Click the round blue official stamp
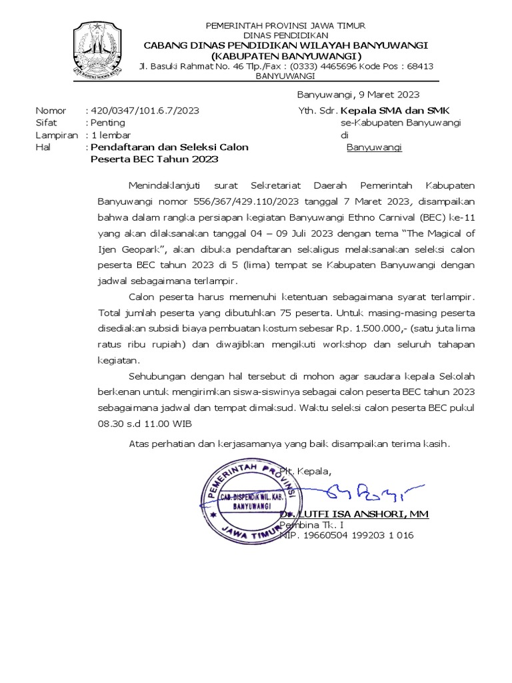click(x=251, y=498)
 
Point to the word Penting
click(x=108, y=123)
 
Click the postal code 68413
click(x=419, y=66)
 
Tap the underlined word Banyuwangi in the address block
click(x=374, y=147)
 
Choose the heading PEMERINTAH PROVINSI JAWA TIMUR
click(x=285, y=25)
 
